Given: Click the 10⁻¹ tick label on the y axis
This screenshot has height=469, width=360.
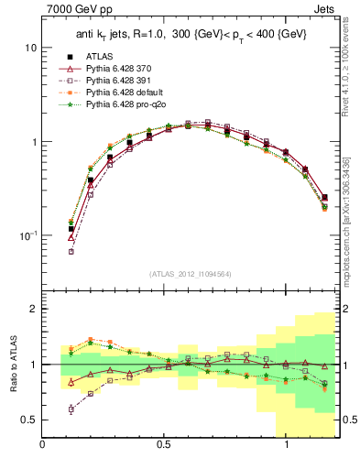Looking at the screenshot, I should click(28, 235).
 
